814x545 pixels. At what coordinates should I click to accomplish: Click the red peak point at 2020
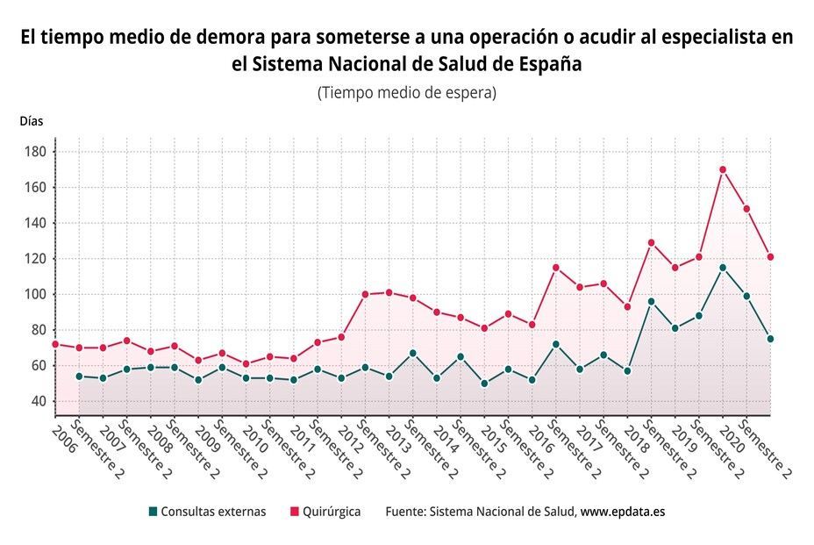[x=723, y=169]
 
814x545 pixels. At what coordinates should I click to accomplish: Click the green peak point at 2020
[x=723, y=268]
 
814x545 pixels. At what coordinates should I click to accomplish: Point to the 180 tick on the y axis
[x=36, y=152]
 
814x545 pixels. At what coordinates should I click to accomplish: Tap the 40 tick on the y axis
[x=39, y=401]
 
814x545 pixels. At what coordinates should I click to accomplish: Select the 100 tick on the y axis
[x=36, y=294]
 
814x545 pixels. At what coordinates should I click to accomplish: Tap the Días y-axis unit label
[x=31, y=121]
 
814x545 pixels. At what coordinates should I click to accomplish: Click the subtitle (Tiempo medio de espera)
[x=407, y=92]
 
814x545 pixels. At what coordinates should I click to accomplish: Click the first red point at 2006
[x=55, y=344]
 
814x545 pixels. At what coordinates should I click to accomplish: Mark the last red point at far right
[x=770, y=257]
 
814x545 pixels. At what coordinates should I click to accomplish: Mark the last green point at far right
[x=770, y=339]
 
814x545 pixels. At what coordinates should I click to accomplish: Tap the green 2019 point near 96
[x=651, y=301]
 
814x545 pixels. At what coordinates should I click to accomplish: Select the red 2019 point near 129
[x=651, y=243]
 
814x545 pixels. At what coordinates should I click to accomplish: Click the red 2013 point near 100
[x=365, y=294]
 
